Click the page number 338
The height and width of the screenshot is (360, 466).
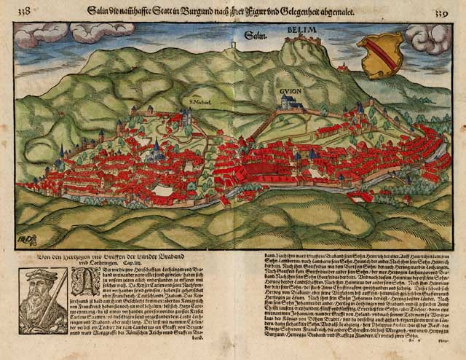(x=24, y=12)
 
